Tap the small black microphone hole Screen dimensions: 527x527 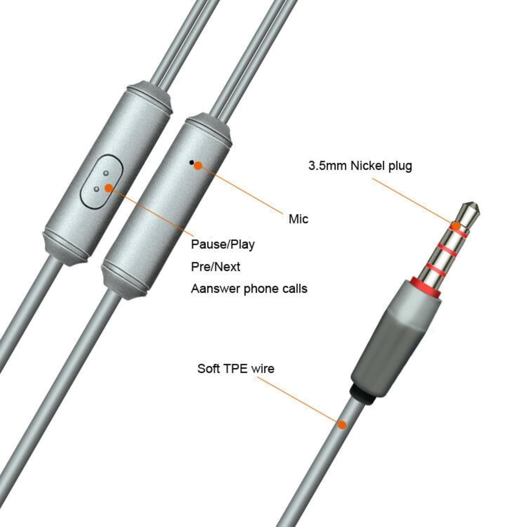pyautogui.click(x=191, y=162)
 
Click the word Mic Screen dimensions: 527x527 pyautogui.click(x=298, y=219)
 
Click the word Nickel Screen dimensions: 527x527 pyautogui.click(x=367, y=165)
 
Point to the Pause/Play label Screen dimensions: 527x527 pyautogui.click(x=223, y=245)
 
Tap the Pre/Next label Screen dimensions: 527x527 pyautogui.click(x=215, y=267)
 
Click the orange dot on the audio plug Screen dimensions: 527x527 pyautogui.click(x=456, y=226)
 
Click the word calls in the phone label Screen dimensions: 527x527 pyautogui.click(x=295, y=289)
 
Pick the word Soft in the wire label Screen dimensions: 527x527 pyautogui.click(x=209, y=369)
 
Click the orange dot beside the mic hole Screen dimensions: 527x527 pyautogui.click(x=198, y=165)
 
